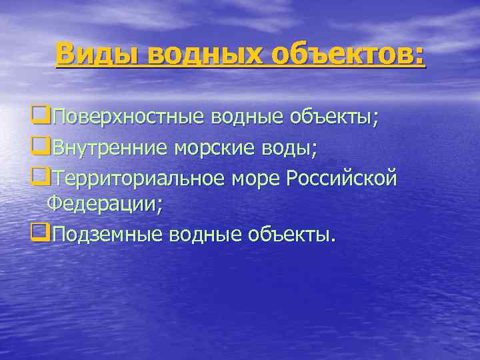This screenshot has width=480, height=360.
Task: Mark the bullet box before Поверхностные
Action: (x=39, y=117)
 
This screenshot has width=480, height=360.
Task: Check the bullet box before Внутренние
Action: (x=39, y=147)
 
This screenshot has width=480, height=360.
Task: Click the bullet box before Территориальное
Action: (x=39, y=177)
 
